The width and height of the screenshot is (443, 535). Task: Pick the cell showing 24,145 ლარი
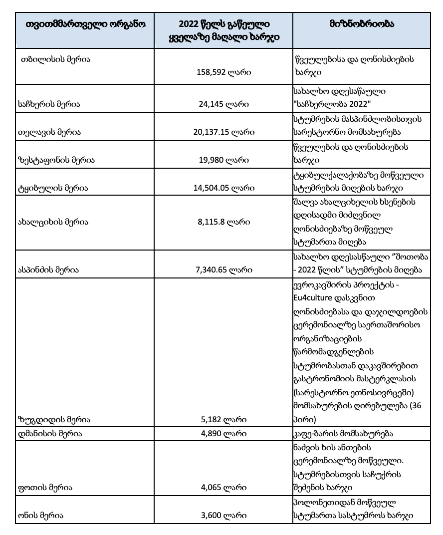(224, 104)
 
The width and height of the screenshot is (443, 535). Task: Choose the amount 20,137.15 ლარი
(224, 132)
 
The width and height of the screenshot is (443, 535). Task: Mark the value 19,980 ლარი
(224, 160)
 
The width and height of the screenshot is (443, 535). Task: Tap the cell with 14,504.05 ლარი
(224, 188)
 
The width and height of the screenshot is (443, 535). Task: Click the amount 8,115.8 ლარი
(224, 222)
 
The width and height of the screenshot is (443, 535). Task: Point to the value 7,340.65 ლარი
(224, 269)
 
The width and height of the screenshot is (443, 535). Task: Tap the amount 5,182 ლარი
(224, 419)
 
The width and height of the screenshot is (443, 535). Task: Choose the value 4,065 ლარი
(224, 488)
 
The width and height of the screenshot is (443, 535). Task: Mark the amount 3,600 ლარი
(224, 516)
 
